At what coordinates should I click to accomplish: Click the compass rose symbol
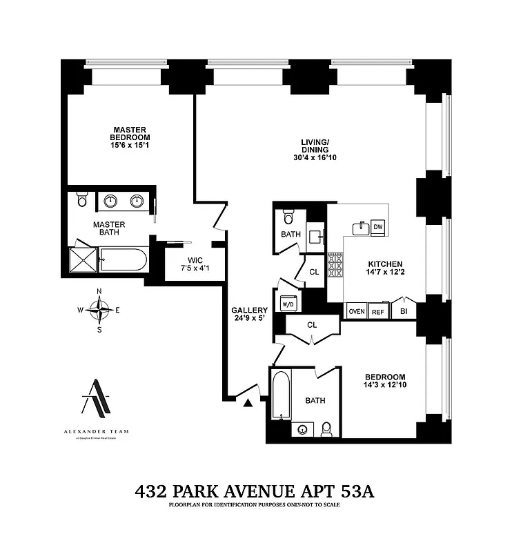point(101,310)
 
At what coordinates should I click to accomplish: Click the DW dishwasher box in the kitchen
point(378,228)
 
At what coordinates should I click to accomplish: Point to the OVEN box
point(356,312)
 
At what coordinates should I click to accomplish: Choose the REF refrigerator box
point(378,312)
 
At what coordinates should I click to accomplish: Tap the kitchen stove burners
point(335,265)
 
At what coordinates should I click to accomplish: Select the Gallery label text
point(249,310)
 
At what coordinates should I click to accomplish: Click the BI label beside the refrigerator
point(404,312)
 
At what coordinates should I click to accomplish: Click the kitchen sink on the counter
point(359,228)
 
